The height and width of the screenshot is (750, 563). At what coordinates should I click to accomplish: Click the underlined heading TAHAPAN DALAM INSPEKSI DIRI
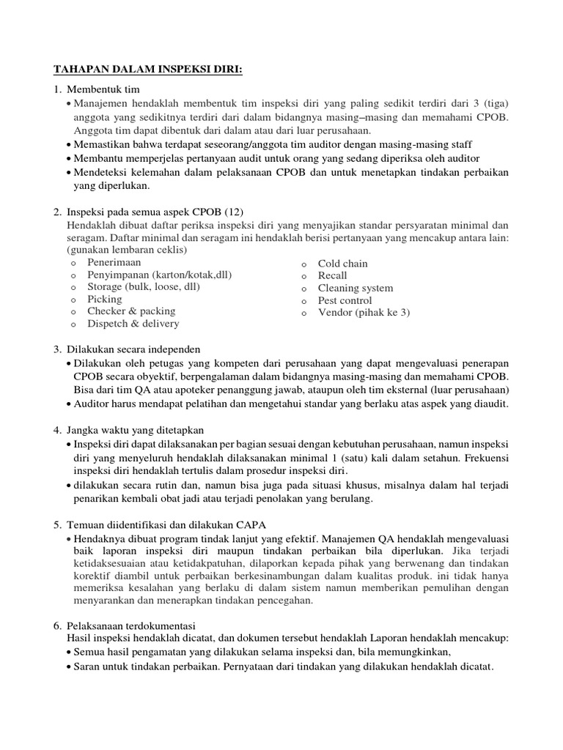[x=147, y=70]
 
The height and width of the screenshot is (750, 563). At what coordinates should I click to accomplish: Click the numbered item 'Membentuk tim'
[x=102, y=89]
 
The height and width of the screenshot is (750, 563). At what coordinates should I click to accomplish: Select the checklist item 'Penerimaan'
[x=114, y=261]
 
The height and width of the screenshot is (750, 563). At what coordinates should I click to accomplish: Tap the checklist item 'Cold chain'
[x=342, y=264]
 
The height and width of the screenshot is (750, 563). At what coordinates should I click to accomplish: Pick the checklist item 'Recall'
[x=332, y=276]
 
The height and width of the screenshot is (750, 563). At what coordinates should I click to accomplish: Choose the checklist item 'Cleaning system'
[x=355, y=288]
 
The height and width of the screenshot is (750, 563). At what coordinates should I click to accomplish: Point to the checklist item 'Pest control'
[x=345, y=300]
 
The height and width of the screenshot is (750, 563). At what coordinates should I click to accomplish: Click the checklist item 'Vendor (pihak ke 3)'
[x=364, y=313]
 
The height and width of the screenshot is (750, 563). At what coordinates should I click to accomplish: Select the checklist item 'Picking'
[x=104, y=299]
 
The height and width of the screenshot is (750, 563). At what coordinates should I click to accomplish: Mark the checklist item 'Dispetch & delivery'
[x=133, y=324]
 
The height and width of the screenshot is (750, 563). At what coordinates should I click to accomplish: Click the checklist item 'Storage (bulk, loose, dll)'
[x=143, y=286]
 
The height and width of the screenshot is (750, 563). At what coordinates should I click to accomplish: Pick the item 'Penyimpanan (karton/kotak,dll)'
[x=159, y=274]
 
